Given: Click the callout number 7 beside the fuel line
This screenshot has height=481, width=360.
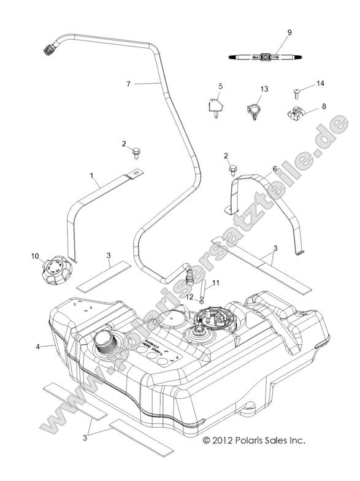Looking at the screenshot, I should point(129,83).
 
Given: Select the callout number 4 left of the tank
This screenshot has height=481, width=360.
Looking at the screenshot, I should point(37,347).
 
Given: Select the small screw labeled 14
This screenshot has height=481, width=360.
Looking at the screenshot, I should point(296,93).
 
